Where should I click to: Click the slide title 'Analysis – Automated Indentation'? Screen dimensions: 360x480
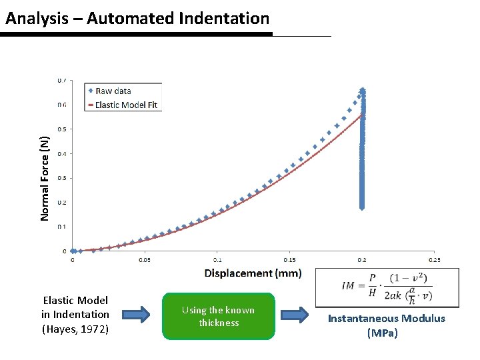[137, 19]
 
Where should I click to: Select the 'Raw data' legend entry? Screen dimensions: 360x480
[113, 91]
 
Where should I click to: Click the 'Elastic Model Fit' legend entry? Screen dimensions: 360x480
[127, 104]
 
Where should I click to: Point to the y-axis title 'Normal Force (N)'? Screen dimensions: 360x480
[44, 178]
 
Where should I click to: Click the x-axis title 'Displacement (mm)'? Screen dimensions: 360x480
[253, 273]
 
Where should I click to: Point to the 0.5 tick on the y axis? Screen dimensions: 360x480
[61, 129]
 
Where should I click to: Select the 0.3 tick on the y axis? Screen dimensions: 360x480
[61, 178]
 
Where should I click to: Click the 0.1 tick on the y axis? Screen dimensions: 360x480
[61, 227]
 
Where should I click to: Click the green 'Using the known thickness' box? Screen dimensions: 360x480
[218, 316]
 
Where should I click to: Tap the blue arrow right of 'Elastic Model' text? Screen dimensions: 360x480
[136, 315]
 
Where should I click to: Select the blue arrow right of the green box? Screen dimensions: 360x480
[294, 315]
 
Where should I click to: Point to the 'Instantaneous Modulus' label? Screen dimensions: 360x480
[386, 319]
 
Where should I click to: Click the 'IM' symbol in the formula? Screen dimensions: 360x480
[347, 286]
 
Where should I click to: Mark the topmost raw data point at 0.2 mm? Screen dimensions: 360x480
[363, 89]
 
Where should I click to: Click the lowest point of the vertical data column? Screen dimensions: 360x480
[362, 207]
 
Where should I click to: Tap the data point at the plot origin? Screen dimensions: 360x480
[73, 251]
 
